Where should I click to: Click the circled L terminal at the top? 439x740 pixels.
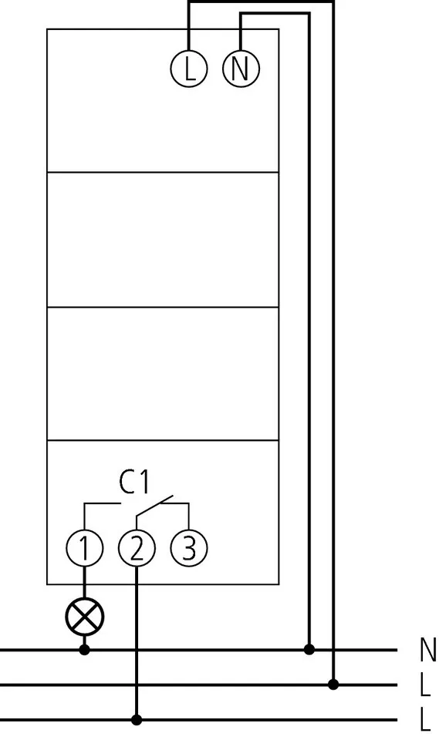[x=189, y=69]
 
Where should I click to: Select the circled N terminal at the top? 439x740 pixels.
[x=241, y=69]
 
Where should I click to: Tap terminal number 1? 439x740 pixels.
[x=85, y=548]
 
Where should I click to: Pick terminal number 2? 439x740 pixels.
[x=137, y=548]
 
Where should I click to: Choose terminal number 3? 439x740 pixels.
[x=188, y=548]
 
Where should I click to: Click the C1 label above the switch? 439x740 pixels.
[x=133, y=483]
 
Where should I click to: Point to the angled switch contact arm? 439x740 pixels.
[x=155, y=505]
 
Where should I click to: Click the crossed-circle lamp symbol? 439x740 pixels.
[x=85, y=617]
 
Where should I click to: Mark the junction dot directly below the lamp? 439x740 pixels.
[x=85, y=650]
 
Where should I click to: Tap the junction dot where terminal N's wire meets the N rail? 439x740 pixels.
[x=309, y=649]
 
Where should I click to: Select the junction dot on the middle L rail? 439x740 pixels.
[x=333, y=684]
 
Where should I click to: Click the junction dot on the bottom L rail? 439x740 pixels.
[x=137, y=720]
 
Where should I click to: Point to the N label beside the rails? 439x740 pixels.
[x=427, y=649]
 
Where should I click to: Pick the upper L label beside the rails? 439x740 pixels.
[x=425, y=684]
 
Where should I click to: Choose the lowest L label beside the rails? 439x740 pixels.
[x=425, y=720]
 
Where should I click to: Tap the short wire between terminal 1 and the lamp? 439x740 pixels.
[x=85, y=583]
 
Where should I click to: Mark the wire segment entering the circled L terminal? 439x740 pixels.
[x=189, y=25]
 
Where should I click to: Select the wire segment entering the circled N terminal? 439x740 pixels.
[x=241, y=32]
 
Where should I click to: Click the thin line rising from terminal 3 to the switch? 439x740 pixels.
[x=188, y=516]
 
